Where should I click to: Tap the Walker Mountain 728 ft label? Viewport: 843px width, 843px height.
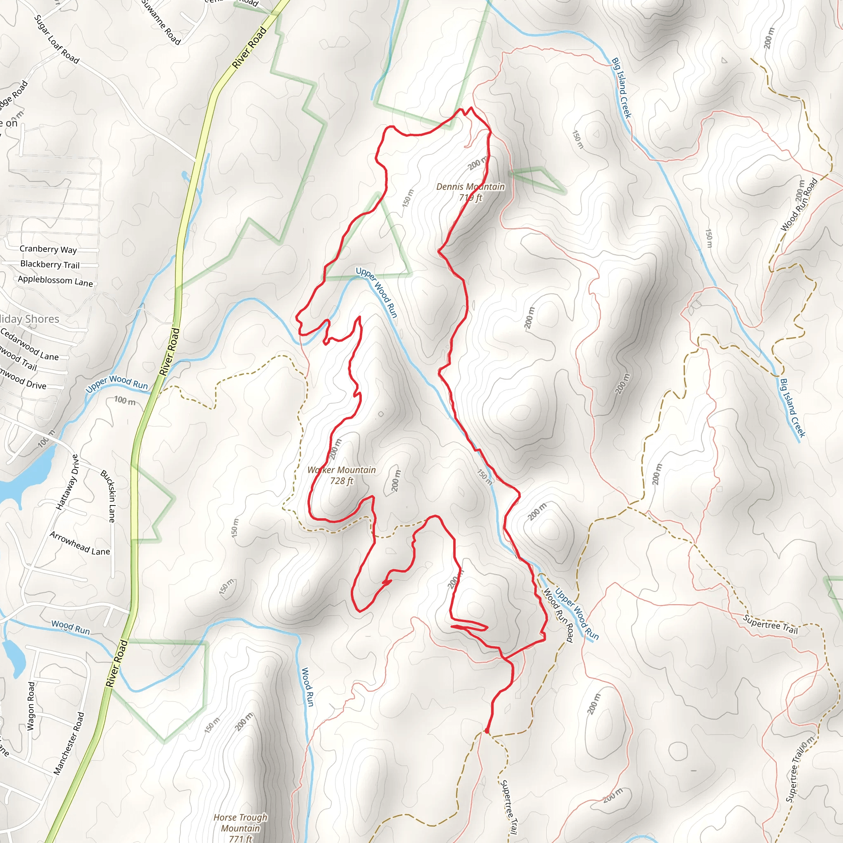(342, 475)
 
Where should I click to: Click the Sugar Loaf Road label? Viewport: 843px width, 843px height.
(57, 39)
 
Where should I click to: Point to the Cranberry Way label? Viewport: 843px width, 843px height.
(48, 249)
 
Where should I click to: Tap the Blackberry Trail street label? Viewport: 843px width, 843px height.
(50, 264)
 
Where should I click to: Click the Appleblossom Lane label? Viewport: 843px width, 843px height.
(56, 281)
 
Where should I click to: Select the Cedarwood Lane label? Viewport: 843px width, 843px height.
(30, 345)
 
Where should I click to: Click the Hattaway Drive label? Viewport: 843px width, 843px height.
(68, 482)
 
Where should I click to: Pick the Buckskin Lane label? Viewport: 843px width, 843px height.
(108, 496)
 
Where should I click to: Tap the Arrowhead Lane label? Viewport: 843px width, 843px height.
(79, 544)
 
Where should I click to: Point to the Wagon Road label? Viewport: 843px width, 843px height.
(30, 706)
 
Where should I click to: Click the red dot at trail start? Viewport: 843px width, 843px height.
(487, 731)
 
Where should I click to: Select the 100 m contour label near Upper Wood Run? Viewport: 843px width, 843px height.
(125, 400)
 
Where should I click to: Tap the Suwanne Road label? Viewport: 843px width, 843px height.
(161, 22)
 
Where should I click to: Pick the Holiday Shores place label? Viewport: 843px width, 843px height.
(30, 319)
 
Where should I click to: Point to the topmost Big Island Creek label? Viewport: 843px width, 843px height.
(621, 88)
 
